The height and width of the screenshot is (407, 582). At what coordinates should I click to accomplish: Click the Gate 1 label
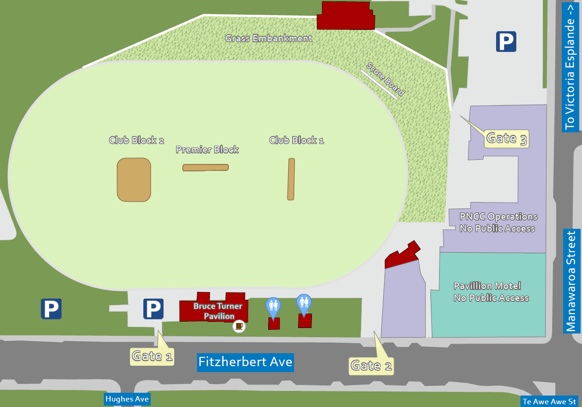[152, 356]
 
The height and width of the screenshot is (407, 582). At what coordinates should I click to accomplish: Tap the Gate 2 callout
[371, 365]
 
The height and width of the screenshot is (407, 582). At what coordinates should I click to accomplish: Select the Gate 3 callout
[507, 138]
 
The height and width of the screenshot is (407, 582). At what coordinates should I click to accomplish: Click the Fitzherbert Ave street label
[245, 362]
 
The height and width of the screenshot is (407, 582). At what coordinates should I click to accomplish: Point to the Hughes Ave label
[127, 399]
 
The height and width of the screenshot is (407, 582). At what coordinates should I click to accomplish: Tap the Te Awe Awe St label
[549, 401]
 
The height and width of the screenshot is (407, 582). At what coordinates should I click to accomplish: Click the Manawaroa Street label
[571, 282]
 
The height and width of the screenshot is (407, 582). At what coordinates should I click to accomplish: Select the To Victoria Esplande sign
[570, 66]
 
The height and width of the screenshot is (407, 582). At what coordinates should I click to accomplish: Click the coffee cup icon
[239, 326]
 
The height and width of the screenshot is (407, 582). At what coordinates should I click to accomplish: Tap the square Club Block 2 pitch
[134, 180]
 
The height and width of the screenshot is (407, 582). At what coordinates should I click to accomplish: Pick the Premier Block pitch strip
[205, 168]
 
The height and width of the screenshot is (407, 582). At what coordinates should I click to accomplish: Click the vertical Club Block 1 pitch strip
[291, 179]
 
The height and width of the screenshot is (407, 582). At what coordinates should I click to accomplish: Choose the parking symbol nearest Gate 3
[506, 41]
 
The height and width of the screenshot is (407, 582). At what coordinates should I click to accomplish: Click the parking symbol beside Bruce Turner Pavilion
[153, 309]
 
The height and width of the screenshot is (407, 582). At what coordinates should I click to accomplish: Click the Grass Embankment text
[269, 38]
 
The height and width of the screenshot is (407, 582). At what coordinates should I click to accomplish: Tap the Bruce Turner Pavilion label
[218, 311]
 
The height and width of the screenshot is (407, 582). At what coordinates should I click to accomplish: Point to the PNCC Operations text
[498, 222]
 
